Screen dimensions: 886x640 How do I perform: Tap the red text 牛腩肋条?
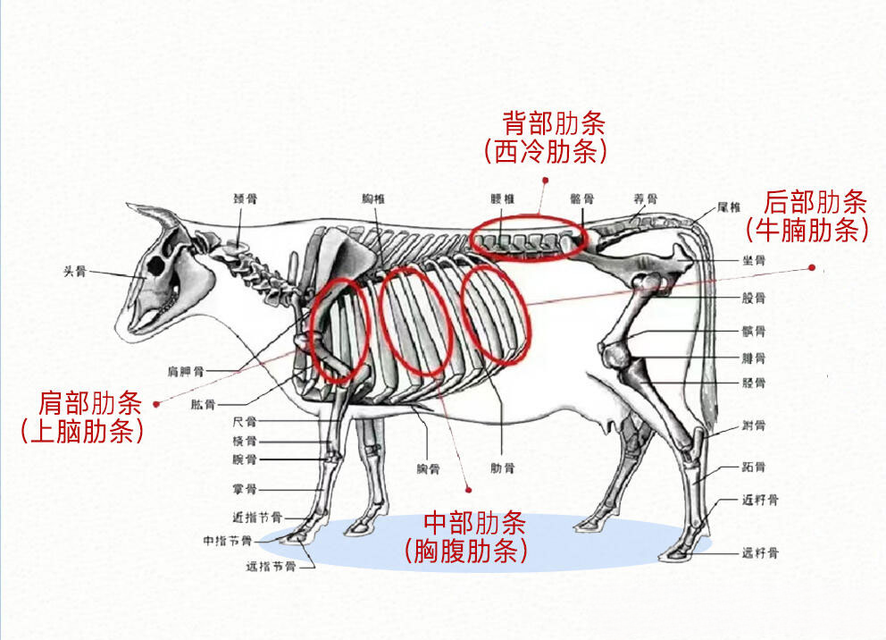(x=807, y=231)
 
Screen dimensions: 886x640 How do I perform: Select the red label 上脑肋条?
(x=81, y=432)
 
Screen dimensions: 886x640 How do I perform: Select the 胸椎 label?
(x=374, y=198)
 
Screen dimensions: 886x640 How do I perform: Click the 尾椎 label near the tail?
(x=729, y=207)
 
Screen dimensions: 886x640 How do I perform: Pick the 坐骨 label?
(x=753, y=260)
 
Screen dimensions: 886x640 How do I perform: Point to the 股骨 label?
(x=753, y=297)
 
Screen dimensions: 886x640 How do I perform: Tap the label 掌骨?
(x=244, y=489)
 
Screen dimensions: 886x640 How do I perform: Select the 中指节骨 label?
(x=228, y=540)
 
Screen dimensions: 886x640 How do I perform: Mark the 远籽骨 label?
(x=759, y=553)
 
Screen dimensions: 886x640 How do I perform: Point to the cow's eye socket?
(x=158, y=265)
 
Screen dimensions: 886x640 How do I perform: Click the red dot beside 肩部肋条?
(x=156, y=404)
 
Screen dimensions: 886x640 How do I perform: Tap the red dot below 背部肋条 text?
(x=543, y=180)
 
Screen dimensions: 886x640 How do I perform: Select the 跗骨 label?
(x=753, y=425)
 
